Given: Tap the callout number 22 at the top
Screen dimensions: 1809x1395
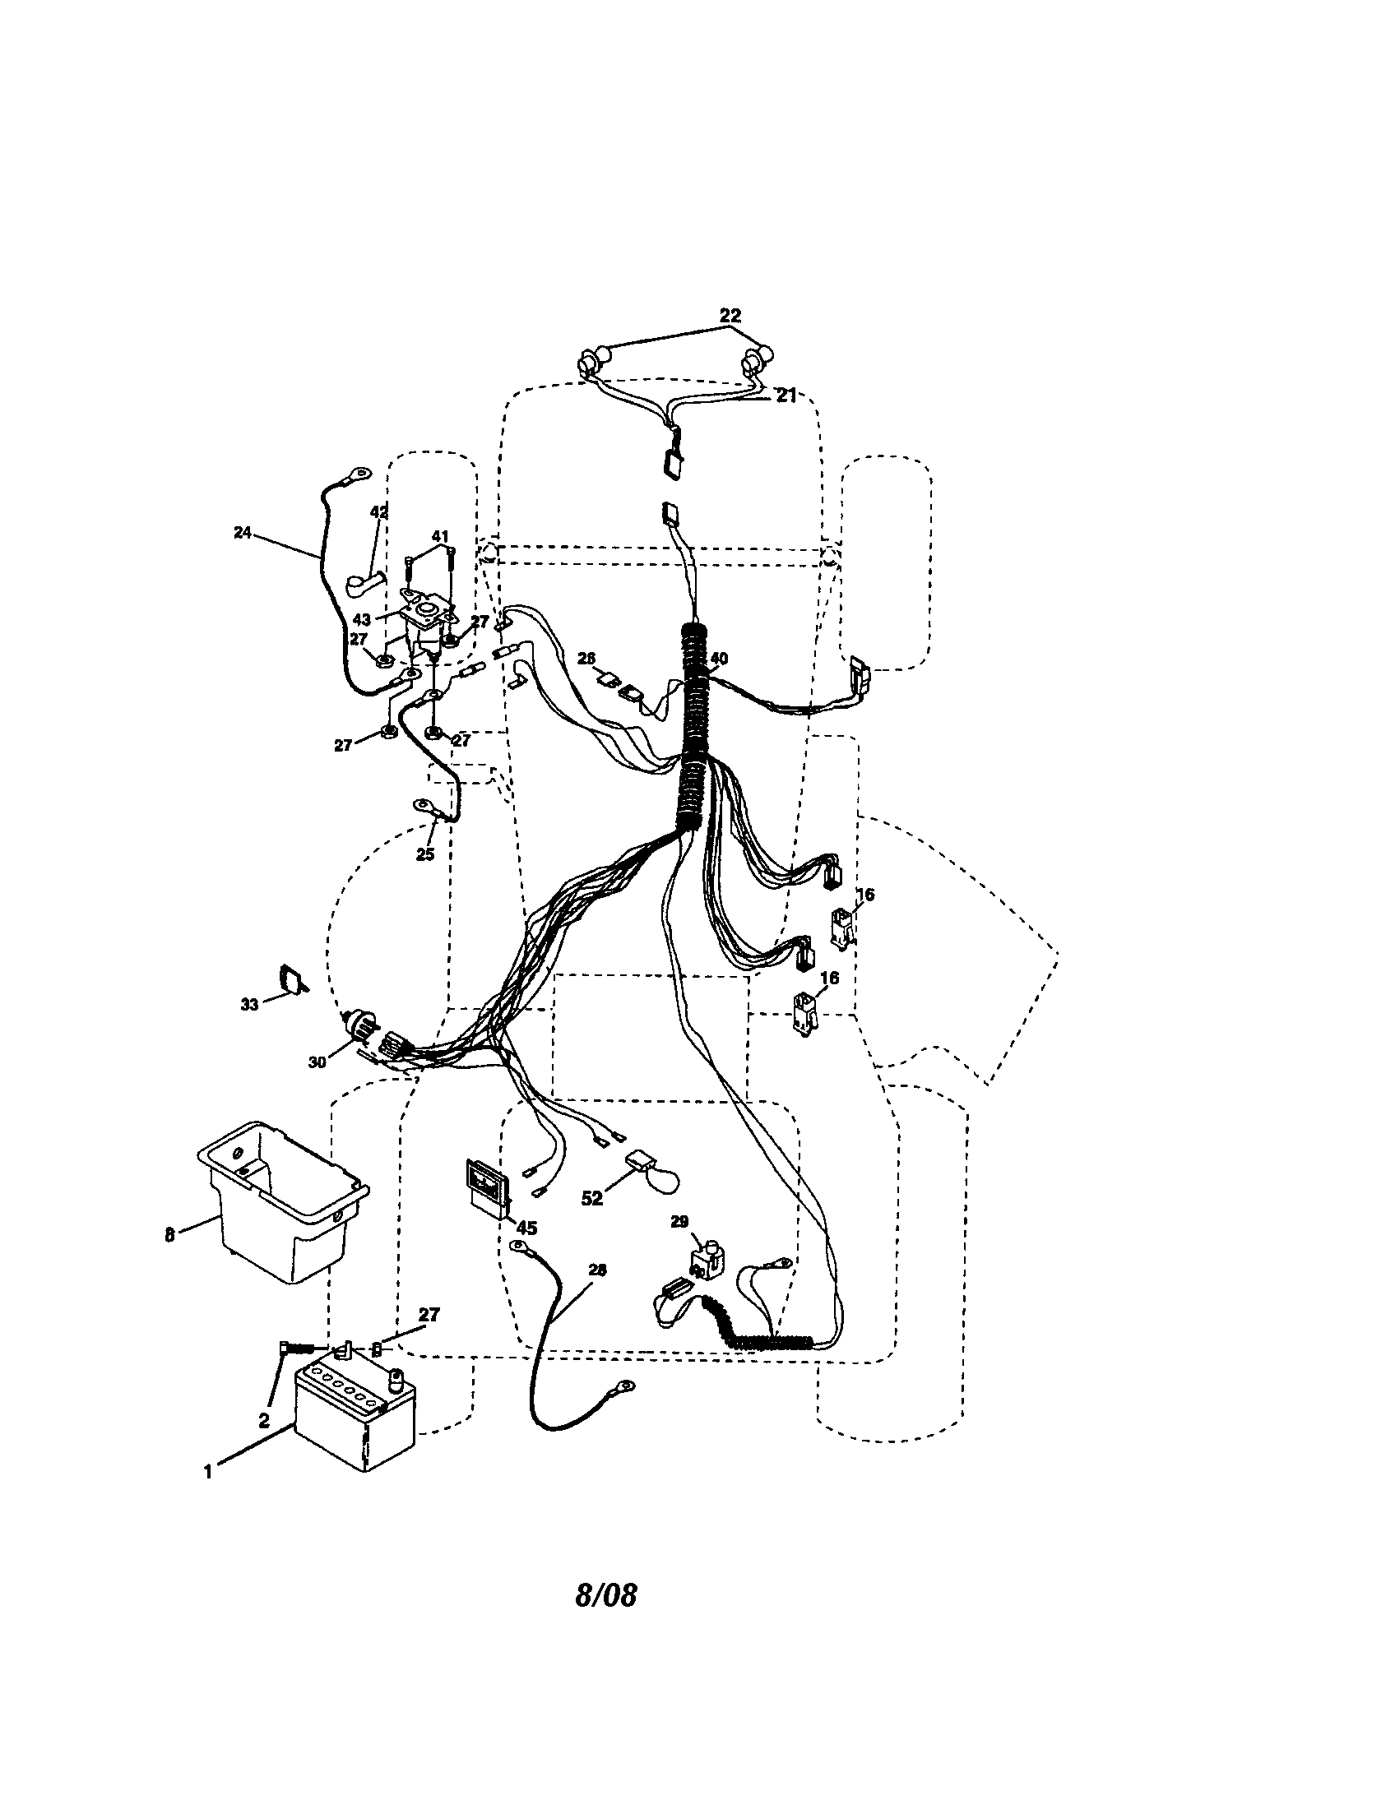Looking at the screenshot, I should click(x=730, y=315).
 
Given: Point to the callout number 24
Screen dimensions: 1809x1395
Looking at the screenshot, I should click(x=242, y=533).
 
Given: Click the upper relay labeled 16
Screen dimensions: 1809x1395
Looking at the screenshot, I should click(x=842, y=925).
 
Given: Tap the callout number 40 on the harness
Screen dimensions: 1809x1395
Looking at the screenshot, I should click(x=719, y=659).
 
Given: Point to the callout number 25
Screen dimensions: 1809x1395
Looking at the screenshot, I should click(x=424, y=854).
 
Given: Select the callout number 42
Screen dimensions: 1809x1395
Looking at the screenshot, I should click(x=378, y=513).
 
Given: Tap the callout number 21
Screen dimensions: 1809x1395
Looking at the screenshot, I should click(x=786, y=396).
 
